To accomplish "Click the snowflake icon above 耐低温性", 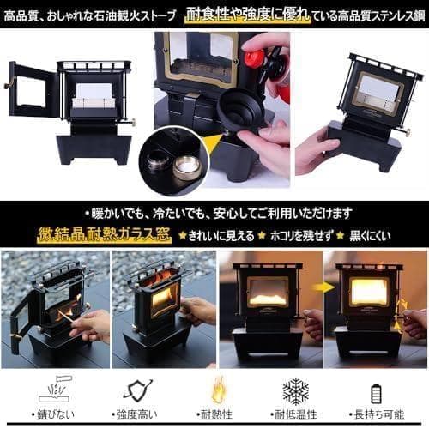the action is pos(296,391).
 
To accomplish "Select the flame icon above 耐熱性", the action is pos(218,390).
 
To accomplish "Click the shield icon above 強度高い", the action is pos(138,390).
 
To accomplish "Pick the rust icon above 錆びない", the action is pos(55,390).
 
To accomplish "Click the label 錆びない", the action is pos(53,414).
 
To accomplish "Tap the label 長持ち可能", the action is pos(377,414).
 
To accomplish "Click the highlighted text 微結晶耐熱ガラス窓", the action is pos(105,235).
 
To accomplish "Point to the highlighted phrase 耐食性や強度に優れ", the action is pos(248,15).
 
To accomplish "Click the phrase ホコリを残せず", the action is pos(302,236).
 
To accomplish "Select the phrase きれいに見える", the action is pos(221,236).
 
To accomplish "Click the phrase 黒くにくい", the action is pos(370,236).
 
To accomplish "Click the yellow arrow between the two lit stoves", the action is pos(323,287).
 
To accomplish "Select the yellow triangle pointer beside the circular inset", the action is pos(214,144).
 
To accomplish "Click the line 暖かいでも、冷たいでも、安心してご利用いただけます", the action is pos(219,214).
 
